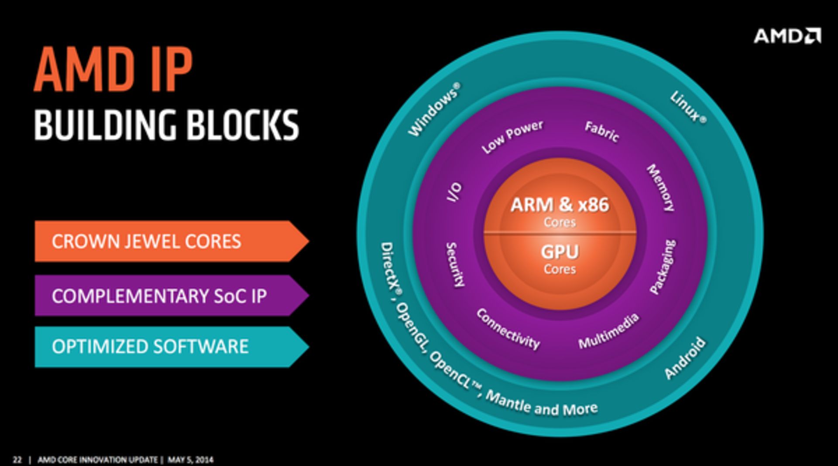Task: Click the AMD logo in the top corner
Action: [787, 36]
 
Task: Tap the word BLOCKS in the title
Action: [243, 125]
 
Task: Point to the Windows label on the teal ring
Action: [433, 110]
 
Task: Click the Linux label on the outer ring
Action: [688, 107]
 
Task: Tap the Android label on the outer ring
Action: [684, 358]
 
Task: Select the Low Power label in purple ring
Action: [512, 136]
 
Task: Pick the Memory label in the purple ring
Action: [660, 187]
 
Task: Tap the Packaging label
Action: [663, 266]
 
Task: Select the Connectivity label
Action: [508, 329]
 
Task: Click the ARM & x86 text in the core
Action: [560, 205]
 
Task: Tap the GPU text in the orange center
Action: [560, 252]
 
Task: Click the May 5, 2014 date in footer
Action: [190, 459]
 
